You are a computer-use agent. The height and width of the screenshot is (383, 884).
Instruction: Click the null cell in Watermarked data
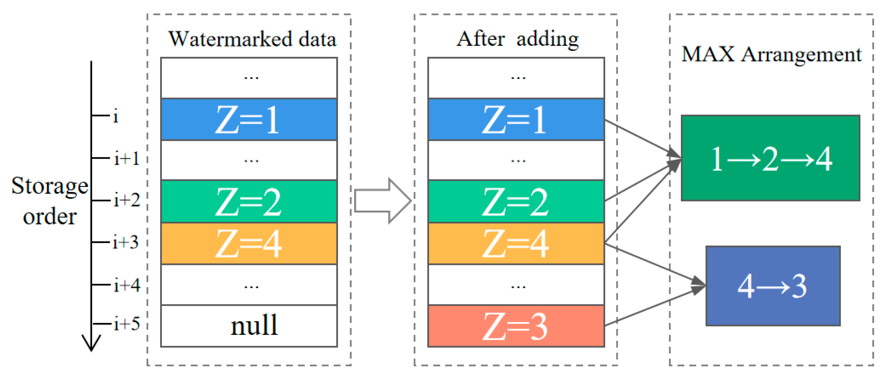click(x=249, y=326)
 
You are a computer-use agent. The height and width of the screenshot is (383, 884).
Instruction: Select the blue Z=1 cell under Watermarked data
click(x=249, y=119)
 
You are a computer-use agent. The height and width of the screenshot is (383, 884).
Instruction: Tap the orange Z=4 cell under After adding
click(x=516, y=244)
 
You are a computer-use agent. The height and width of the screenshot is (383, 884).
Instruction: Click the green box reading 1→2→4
click(x=770, y=158)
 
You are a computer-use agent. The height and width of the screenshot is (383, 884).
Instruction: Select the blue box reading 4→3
click(x=773, y=286)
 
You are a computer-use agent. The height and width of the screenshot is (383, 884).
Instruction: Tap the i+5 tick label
click(x=127, y=324)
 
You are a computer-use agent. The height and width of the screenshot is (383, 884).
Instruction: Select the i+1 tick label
click(x=127, y=159)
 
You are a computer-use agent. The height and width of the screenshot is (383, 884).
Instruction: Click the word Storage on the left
click(x=50, y=186)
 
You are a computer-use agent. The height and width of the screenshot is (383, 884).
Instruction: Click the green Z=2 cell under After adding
click(x=516, y=202)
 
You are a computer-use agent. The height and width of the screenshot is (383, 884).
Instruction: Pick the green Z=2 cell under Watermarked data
click(x=249, y=202)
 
